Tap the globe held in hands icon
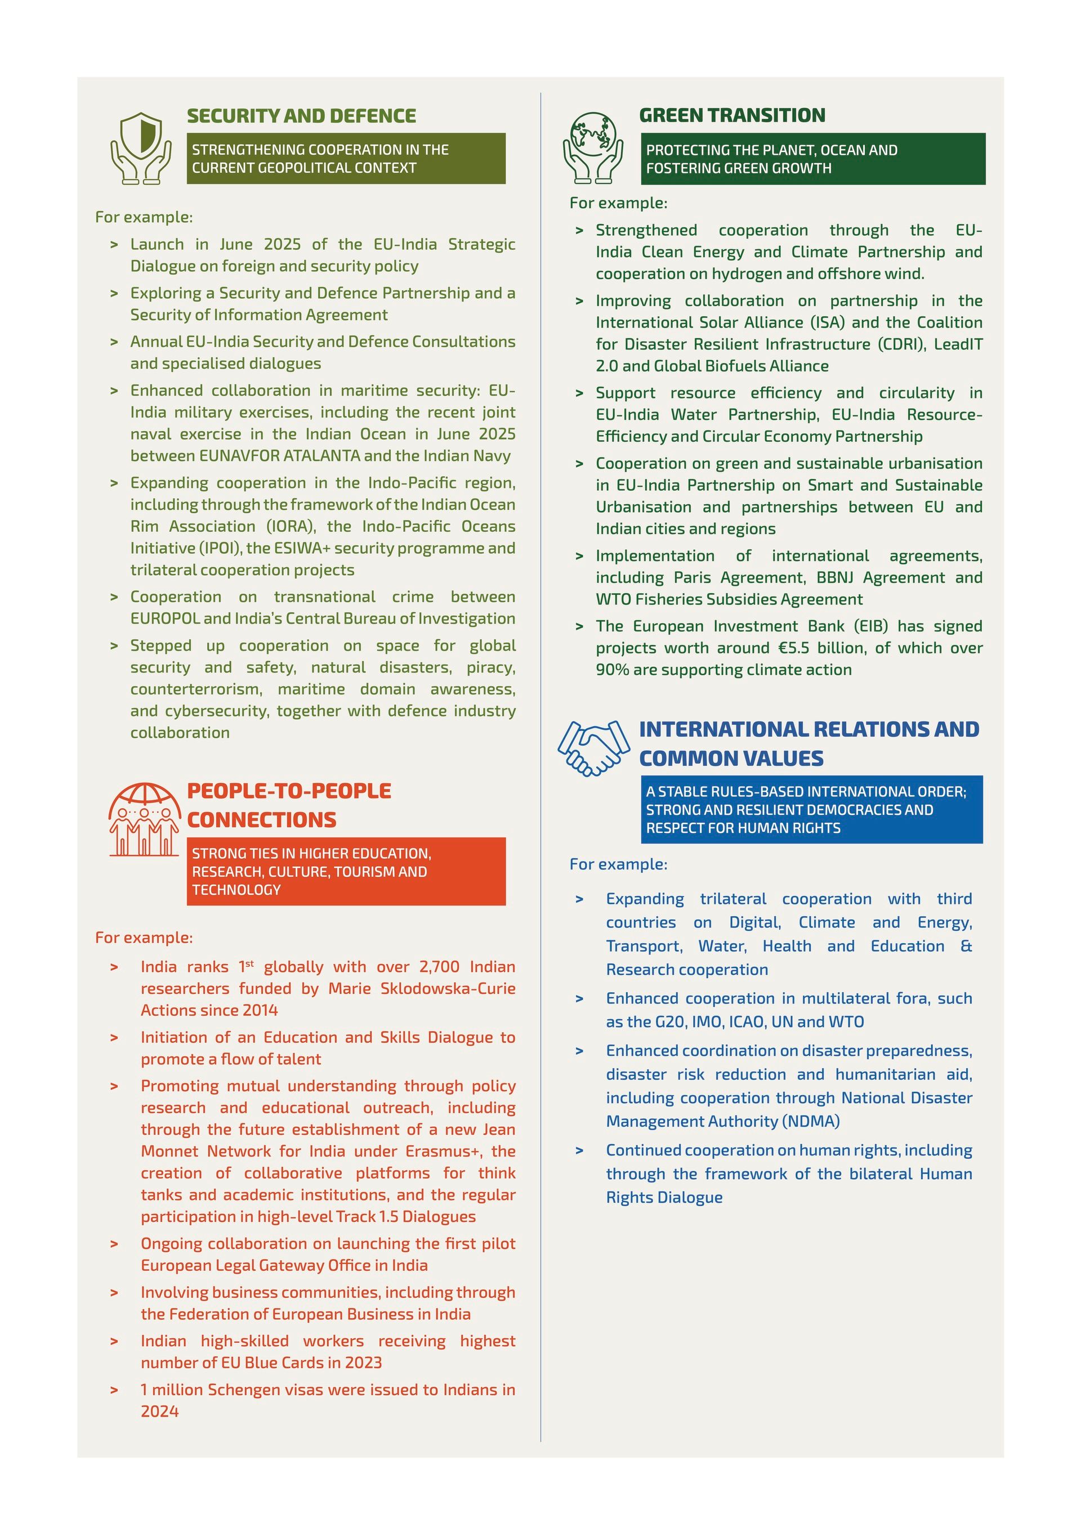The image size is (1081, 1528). (x=592, y=147)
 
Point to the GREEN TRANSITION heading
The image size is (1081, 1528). (x=731, y=115)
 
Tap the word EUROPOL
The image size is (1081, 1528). (x=164, y=619)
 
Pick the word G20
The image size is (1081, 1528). (x=669, y=1021)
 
